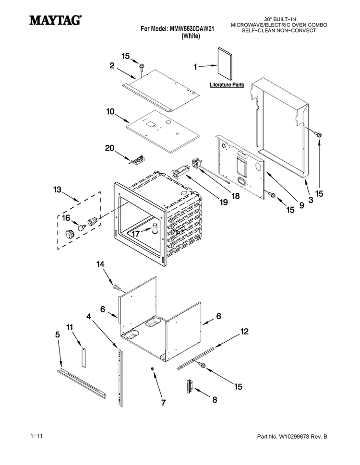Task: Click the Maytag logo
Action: [x=55, y=20]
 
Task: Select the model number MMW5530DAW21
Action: [x=192, y=29]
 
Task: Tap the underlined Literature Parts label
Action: [x=227, y=85]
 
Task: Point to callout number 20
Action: [x=110, y=148]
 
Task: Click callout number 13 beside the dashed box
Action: [x=57, y=189]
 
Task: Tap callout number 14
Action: [x=100, y=264]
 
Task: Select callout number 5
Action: [x=58, y=334]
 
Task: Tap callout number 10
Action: [x=110, y=112]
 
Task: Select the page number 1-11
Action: [x=36, y=436]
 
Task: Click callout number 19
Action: [x=224, y=202]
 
